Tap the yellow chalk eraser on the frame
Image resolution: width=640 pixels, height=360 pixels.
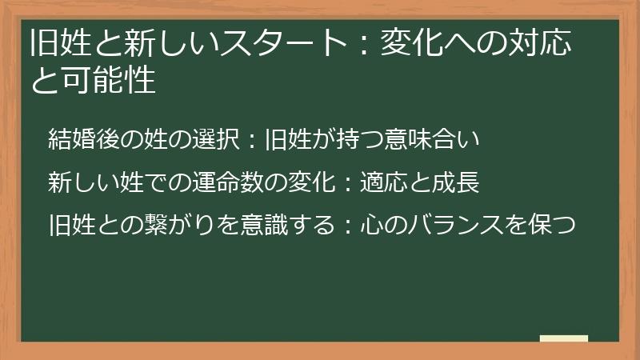click(564, 338)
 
